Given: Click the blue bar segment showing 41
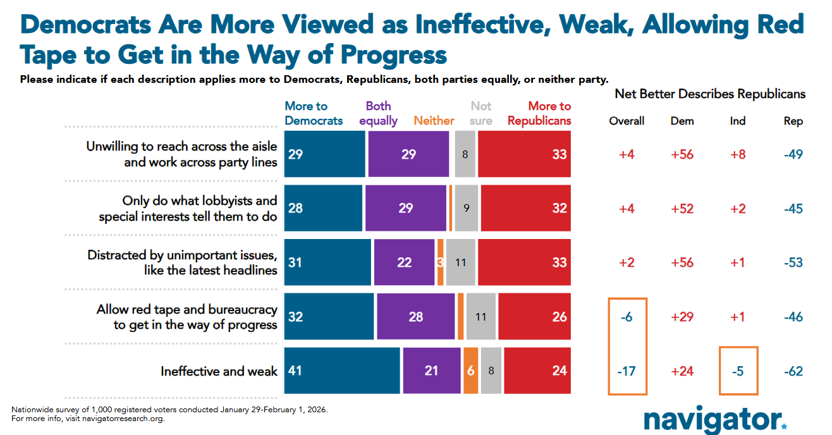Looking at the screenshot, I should pos(342,371).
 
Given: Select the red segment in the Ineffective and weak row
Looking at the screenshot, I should pos(537,371).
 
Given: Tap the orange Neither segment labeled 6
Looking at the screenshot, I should pos(470,371).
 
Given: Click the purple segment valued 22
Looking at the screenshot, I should pos(404,262).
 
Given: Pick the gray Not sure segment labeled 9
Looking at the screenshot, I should pos(466,208).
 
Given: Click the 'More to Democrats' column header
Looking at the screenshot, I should pos(314,113).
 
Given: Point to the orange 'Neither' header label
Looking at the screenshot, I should pos(434,120).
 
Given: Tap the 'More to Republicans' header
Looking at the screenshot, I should pos(539,113).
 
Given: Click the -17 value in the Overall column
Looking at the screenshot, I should pos(627,371).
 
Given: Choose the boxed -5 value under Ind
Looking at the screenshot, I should pos(737,371).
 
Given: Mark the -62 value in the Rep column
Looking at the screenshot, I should pos(793,371).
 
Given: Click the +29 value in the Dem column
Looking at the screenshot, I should pos(682,317).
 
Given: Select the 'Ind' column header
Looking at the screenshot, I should pos(737,121).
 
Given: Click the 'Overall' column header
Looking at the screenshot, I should pos(627,121).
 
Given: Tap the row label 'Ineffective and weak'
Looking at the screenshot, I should pos(219,371).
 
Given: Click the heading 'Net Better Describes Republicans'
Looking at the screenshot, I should pos(710,94).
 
